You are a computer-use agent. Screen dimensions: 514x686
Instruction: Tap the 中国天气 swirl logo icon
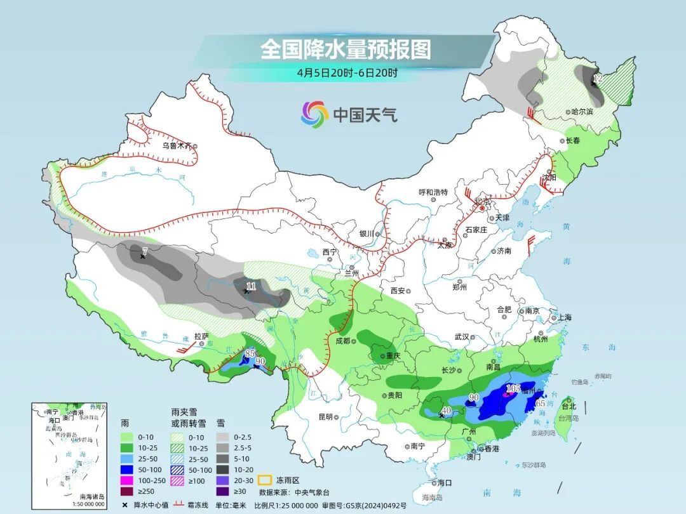[314, 114]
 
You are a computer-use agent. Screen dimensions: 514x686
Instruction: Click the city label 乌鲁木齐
[176, 145]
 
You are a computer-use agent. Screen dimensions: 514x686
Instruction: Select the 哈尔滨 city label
[582, 112]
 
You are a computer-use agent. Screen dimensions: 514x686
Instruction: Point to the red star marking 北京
[483, 208]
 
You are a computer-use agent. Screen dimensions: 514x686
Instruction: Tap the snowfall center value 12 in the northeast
[597, 79]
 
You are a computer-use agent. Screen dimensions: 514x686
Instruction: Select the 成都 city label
[343, 341]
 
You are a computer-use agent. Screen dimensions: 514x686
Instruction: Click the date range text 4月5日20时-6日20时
[347, 73]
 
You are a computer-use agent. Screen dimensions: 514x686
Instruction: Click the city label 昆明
[325, 417]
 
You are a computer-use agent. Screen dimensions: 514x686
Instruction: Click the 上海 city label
[564, 317]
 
